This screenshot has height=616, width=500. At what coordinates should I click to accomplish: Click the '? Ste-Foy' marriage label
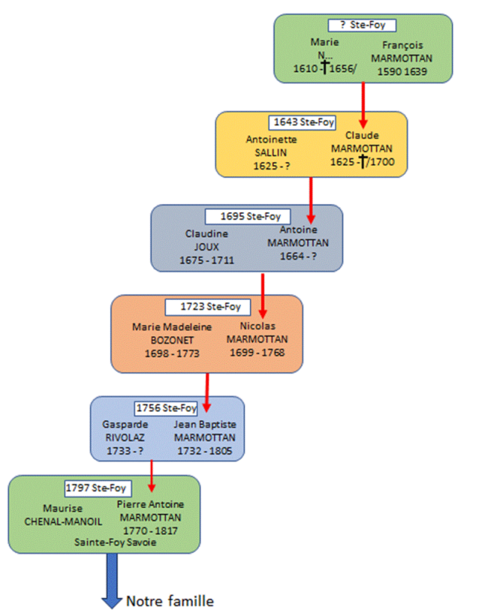362,25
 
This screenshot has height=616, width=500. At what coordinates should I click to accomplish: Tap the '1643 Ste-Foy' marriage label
302,122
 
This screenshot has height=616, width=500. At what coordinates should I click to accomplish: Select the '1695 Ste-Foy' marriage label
248,216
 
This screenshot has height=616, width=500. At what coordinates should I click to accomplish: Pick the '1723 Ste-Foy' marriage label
208,307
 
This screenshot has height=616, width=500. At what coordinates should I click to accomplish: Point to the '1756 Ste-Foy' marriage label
166,408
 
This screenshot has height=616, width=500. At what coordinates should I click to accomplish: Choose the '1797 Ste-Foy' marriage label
98,488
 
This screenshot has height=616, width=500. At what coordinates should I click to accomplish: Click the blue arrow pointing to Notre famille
112,580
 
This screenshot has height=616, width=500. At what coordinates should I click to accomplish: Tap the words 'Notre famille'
170,601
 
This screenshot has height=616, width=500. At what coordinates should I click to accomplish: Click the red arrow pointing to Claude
363,105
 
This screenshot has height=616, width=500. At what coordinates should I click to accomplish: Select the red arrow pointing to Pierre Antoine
152,475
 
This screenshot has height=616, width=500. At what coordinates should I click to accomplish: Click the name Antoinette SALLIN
271,146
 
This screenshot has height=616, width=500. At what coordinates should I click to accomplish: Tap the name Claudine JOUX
207,240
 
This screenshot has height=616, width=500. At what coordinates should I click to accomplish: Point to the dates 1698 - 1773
172,353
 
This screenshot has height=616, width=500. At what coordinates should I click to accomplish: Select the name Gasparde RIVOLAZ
125,431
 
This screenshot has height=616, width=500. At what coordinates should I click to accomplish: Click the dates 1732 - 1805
205,451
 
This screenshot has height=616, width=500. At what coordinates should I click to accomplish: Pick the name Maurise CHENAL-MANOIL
62,515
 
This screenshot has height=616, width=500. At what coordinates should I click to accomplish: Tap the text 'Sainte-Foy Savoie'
115,542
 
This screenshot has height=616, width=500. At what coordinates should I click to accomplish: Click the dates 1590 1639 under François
403,71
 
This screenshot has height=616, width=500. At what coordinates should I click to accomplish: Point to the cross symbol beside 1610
325,67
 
